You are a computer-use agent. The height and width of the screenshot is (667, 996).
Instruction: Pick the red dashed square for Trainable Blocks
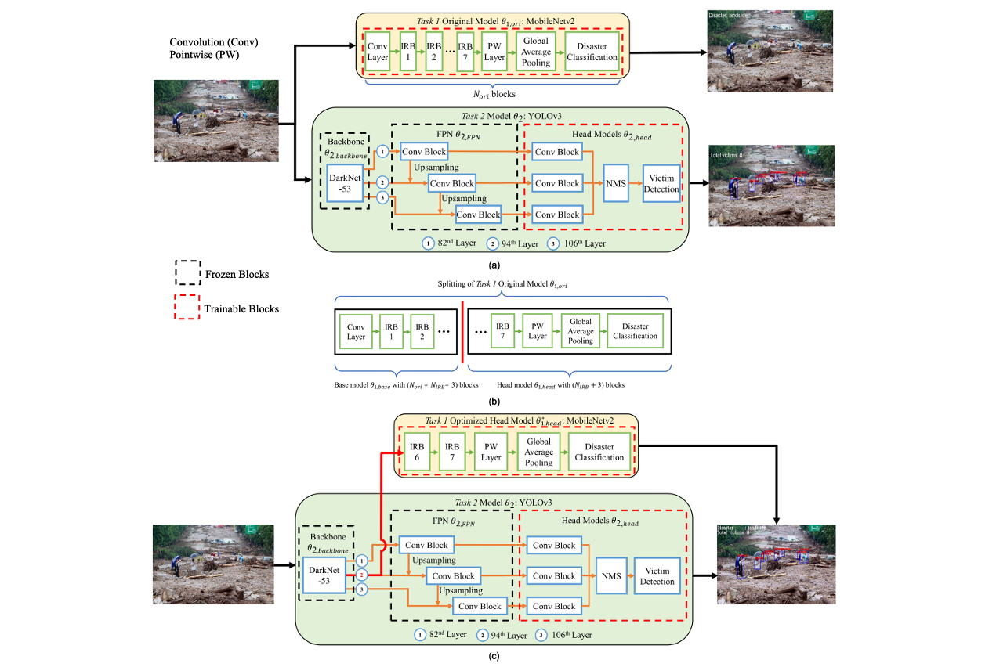[188, 308]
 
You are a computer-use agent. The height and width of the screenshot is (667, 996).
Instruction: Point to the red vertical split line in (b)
[462, 330]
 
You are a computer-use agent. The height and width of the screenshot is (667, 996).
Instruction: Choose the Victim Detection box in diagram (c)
[657, 576]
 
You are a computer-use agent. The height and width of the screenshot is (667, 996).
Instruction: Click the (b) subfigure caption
[494, 401]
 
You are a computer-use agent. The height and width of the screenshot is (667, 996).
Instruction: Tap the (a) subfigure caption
[494, 265]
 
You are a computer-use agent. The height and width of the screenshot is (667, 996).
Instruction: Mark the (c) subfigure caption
[494, 658]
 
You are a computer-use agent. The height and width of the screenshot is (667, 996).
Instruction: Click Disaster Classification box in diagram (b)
[635, 330]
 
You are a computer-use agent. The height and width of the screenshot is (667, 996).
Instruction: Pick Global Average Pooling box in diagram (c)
[538, 452]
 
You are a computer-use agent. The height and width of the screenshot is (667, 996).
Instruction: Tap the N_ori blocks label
[492, 94]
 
